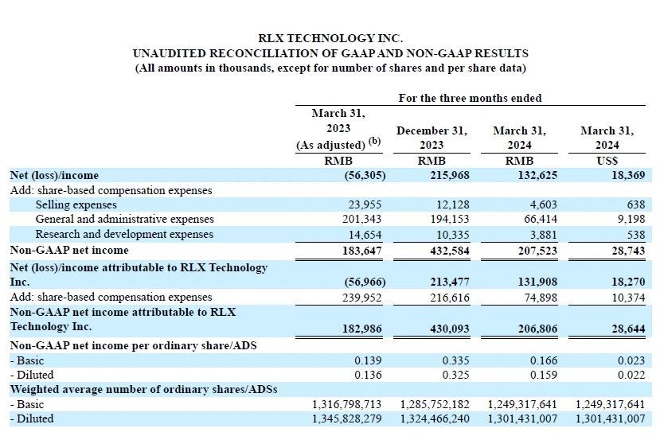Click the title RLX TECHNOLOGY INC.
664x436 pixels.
(x=330, y=38)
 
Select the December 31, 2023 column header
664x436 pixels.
(x=432, y=138)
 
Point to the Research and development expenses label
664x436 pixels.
(x=124, y=235)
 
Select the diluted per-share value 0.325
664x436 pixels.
(x=455, y=375)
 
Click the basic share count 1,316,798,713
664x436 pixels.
(x=348, y=404)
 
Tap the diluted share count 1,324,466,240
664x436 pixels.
(x=436, y=418)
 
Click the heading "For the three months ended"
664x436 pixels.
(x=470, y=99)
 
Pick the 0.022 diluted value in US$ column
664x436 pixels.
(x=630, y=375)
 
